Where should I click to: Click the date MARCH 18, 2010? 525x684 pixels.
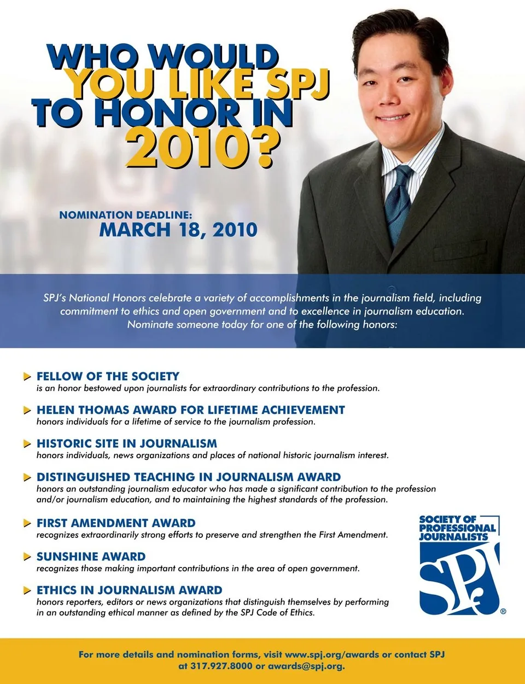click(x=178, y=230)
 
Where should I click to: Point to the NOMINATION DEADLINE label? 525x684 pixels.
click(x=125, y=215)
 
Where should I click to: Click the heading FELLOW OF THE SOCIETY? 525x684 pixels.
click(x=108, y=376)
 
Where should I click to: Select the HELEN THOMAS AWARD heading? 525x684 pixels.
click(x=190, y=410)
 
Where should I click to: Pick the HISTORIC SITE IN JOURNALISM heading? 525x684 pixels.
click(x=126, y=443)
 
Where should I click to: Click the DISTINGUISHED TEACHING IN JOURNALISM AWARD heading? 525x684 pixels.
click(x=188, y=477)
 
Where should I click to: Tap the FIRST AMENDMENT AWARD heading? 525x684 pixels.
click(x=115, y=523)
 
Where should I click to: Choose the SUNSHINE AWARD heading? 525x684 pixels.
click(x=91, y=557)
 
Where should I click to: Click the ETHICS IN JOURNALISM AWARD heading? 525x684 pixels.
click(x=129, y=591)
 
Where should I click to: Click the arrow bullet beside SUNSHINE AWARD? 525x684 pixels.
click(x=27, y=557)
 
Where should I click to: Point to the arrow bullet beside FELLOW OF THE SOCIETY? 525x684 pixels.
click(x=27, y=377)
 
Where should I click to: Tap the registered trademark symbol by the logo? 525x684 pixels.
click(x=503, y=611)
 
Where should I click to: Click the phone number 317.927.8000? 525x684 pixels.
click(x=221, y=666)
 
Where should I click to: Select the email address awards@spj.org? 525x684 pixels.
click(x=306, y=666)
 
